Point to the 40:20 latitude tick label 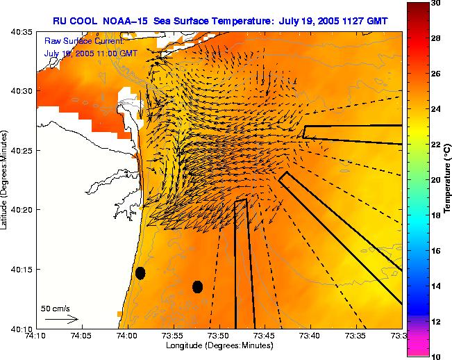tap(22, 209)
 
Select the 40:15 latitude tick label tap(22, 269)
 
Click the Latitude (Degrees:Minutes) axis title tap(6, 179)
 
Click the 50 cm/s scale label tap(56, 309)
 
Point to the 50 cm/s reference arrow tap(60, 319)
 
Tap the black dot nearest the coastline tap(140, 273)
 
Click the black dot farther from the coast tap(197, 286)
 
